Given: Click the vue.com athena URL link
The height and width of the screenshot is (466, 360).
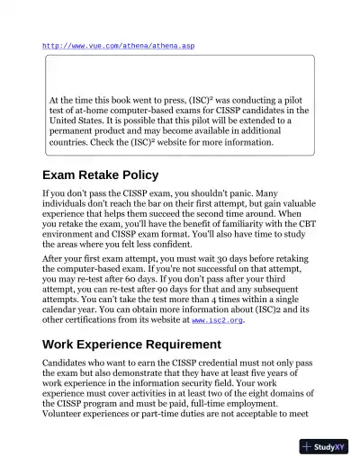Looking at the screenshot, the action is click(118, 45).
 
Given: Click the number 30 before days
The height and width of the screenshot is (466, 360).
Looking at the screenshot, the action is click(211, 258).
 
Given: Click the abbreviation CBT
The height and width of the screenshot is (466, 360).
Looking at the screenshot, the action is click(301, 220).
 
